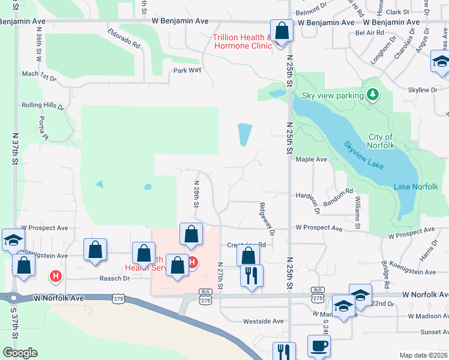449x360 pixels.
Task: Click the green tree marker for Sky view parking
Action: [x=373, y=95]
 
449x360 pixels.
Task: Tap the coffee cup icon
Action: [x=319, y=346]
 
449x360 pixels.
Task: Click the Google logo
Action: [x=20, y=353]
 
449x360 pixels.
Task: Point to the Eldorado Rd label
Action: [x=124, y=37]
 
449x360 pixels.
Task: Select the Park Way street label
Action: [x=187, y=70]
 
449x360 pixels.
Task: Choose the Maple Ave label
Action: [x=311, y=160]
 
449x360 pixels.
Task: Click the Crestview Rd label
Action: [x=246, y=245]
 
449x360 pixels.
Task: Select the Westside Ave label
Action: [x=263, y=321]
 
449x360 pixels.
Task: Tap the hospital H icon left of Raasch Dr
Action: [x=55, y=276]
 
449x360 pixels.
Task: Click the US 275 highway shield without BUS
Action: [x=118, y=298]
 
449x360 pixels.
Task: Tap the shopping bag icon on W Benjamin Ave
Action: [x=281, y=31]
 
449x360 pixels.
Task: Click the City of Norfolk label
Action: [x=381, y=142]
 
